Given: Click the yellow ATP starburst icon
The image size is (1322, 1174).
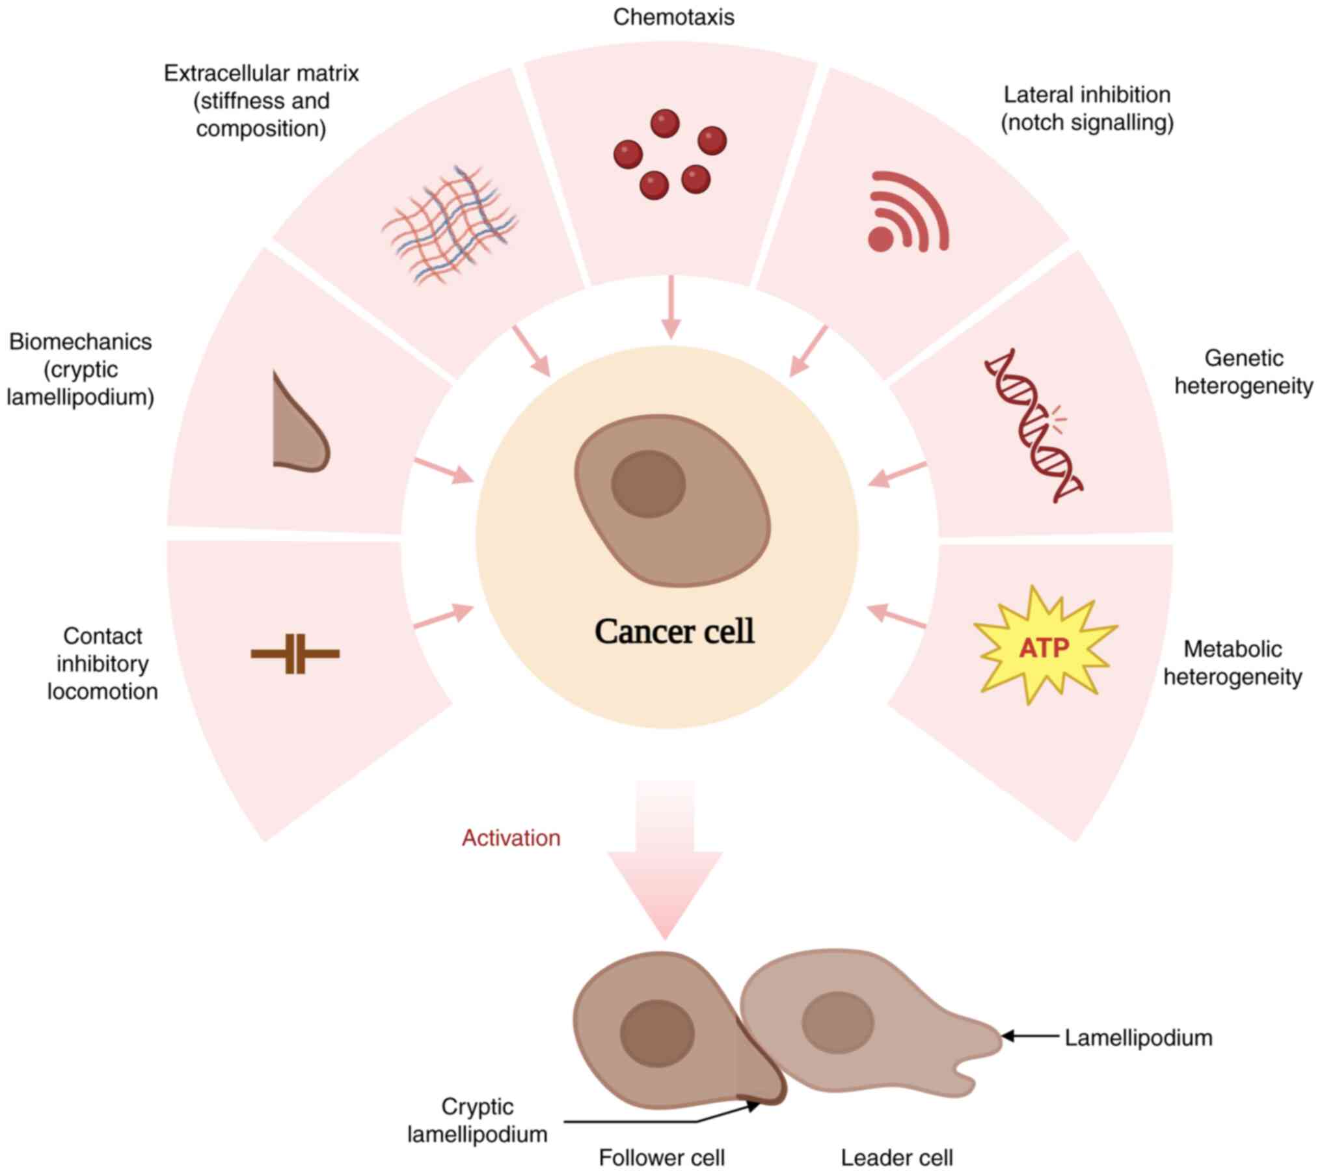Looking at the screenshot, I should (x=1044, y=646).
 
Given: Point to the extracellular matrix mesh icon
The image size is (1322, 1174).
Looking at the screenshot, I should (x=450, y=224).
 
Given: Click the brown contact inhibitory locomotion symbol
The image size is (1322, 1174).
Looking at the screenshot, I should (x=295, y=653).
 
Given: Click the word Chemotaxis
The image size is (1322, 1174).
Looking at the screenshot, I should (x=673, y=17).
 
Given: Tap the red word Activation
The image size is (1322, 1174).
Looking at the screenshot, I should (x=511, y=838).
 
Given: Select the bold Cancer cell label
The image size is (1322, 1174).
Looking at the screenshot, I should (x=675, y=632).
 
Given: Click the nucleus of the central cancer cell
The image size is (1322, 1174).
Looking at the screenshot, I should (x=648, y=484).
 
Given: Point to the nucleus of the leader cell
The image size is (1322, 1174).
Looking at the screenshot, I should (x=837, y=1022).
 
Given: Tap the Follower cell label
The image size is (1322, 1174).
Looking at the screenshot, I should (x=661, y=1158).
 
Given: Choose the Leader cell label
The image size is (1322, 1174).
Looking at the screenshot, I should (x=897, y=1158).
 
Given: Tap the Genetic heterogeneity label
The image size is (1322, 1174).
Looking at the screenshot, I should (x=1243, y=372).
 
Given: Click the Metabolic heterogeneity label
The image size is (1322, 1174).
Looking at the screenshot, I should (x=1232, y=663).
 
